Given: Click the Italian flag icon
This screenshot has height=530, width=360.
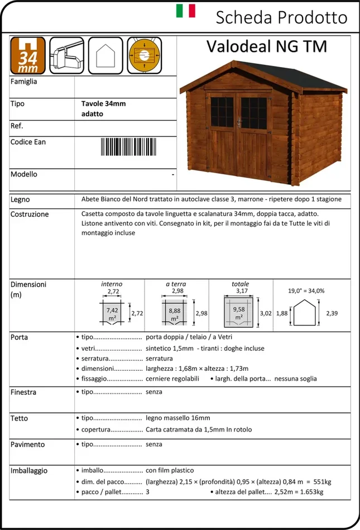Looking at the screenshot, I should click(186, 11).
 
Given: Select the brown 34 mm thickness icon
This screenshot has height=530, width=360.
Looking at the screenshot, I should click(28, 56).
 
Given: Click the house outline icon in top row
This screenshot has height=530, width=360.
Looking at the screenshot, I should click(105, 56).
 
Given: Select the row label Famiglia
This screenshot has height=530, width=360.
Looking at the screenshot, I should click(24, 82).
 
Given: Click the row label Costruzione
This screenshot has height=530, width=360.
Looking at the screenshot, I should click(30, 214).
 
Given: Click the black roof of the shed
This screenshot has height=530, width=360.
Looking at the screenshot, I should click(262, 78).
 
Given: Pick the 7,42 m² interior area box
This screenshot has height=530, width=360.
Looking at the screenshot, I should click(112, 313).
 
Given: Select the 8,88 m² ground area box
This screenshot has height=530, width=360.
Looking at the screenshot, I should click(175, 314).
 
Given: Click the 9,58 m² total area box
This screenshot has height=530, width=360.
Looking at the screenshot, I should click(239, 313).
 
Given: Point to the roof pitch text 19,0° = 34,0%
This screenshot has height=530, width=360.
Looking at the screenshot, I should click(306, 291).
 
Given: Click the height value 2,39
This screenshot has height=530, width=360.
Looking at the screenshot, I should click(332, 313).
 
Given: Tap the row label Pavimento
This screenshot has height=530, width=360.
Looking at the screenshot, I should click(28, 445).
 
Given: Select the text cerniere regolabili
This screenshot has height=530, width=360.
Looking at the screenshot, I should click(172, 379).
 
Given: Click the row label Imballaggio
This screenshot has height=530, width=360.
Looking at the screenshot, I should click(29, 471).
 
